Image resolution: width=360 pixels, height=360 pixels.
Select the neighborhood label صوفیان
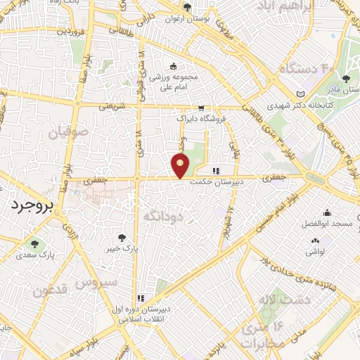[x=68, y=131]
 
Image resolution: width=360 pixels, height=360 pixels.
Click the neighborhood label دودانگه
[x=162, y=217]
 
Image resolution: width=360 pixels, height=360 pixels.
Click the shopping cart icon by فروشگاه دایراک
[x=202, y=108]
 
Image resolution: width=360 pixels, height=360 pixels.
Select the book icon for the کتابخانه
[x=302, y=94]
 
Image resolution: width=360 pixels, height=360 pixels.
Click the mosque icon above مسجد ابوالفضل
[x=326, y=213]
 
